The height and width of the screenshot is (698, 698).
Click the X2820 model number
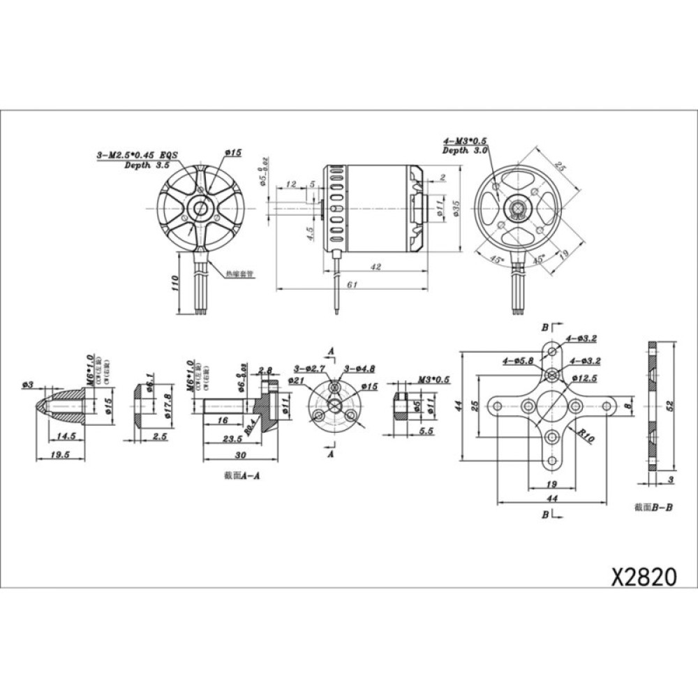coord(644,577)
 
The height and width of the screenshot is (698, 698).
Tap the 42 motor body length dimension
coord(376,266)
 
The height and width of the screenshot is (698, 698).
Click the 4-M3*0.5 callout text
coord(465,142)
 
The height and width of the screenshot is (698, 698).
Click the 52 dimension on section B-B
coord(671,406)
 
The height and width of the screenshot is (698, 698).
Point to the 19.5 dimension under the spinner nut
coord(61,454)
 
